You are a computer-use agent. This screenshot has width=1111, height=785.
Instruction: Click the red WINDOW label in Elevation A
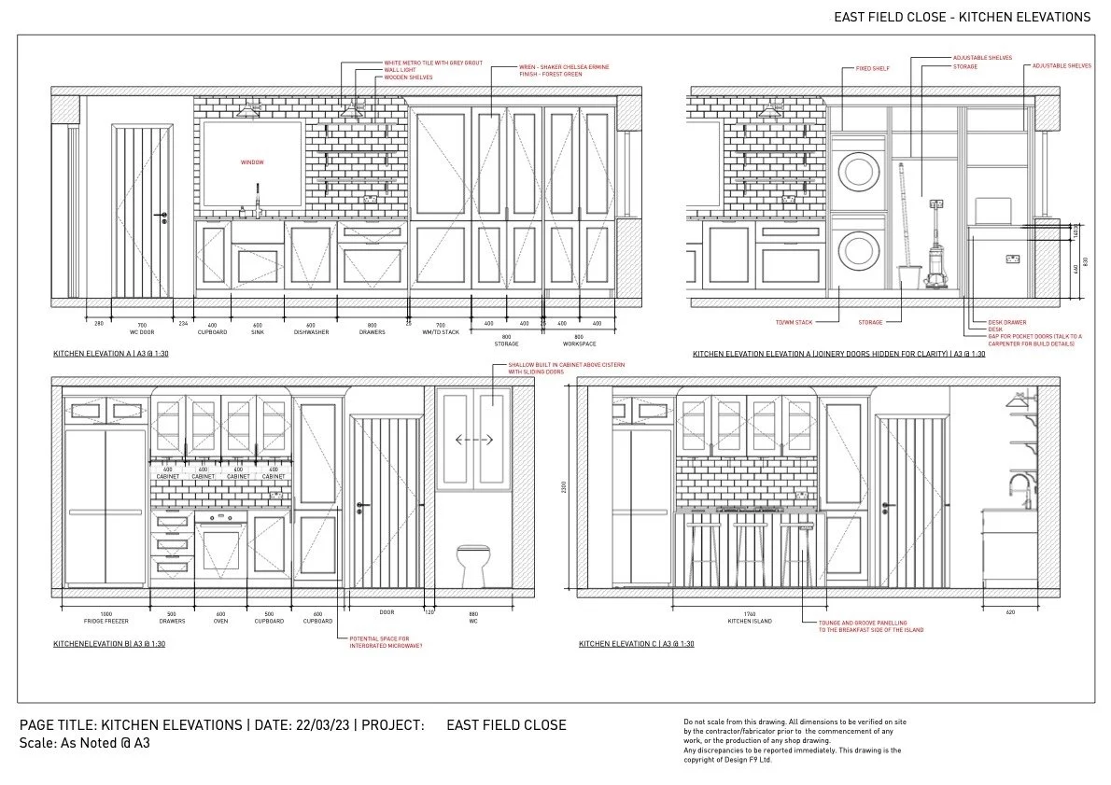(252, 162)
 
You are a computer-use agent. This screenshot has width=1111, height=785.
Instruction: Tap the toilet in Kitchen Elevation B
(473, 561)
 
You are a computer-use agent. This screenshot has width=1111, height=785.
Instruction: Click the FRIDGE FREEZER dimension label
(105, 621)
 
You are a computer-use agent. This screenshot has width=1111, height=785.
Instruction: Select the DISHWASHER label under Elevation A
(311, 331)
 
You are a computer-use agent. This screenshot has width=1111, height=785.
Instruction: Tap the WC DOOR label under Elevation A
(141, 331)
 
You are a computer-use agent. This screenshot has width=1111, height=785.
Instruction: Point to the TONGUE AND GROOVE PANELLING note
(870, 625)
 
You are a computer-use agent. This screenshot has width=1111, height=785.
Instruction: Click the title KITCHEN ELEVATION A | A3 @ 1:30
(111, 355)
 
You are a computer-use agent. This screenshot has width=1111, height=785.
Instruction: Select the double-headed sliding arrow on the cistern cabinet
(473, 439)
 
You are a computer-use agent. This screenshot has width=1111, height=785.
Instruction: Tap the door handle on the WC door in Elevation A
(163, 217)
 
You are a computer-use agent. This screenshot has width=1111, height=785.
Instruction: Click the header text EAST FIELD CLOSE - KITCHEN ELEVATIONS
(962, 17)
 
